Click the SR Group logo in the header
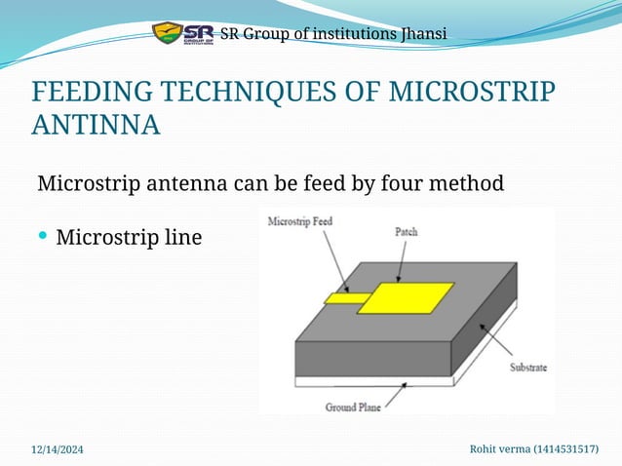(x=182, y=34)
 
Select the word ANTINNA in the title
(x=97, y=126)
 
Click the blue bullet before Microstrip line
(x=43, y=237)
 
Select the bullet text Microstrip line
(x=129, y=237)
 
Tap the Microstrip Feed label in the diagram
(x=300, y=221)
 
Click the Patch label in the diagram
(x=407, y=232)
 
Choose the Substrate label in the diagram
(x=527, y=368)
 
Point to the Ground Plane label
(x=352, y=407)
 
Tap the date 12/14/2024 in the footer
(x=58, y=448)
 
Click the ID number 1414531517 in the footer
(x=563, y=448)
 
